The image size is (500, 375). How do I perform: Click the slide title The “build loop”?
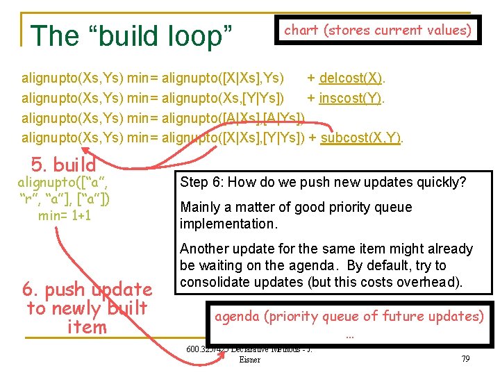click(x=132, y=35)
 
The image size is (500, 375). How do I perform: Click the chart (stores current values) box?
click(x=378, y=30)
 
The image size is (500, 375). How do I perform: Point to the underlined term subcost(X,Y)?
click(x=361, y=137)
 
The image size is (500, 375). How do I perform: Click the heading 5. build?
click(x=64, y=165)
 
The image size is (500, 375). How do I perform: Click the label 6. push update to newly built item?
click(x=87, y=308)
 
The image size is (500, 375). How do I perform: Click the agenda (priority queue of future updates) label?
click(x=349, y=317)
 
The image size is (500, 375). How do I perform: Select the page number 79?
click(x=465, y=358)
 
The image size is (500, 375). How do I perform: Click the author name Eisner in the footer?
click(x=249, y=359)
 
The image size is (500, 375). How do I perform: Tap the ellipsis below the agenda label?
click(x=349, y=333)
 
